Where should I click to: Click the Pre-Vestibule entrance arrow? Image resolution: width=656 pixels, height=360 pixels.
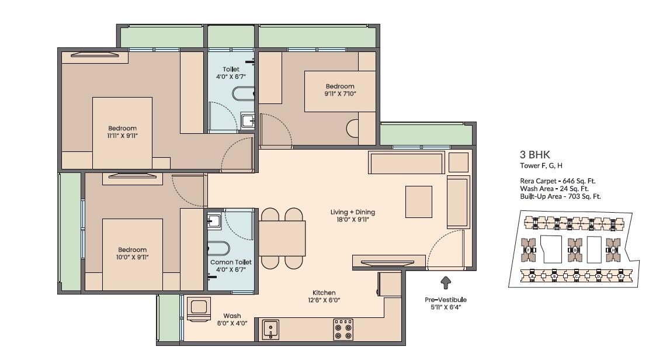[x=446, y=283]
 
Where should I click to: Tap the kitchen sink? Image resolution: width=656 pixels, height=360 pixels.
[x=271, y=329]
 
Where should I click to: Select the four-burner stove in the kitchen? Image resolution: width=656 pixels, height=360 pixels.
[x=343, y=329]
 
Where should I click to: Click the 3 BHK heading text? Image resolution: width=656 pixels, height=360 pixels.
[x=531, y=155]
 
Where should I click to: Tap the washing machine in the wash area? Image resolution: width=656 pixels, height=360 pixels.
[x=198, y=309]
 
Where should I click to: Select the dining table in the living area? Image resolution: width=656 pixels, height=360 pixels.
[x=283, y=238]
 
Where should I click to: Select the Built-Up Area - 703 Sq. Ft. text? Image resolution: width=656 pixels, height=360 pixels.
[x=560, y=196]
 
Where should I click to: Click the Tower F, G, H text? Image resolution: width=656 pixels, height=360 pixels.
[x=541, y=166]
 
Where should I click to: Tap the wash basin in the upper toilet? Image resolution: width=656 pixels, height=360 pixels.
[x=248, y=121]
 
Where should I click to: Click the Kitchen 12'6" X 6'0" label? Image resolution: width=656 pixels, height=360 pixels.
[x=324, y=296]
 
